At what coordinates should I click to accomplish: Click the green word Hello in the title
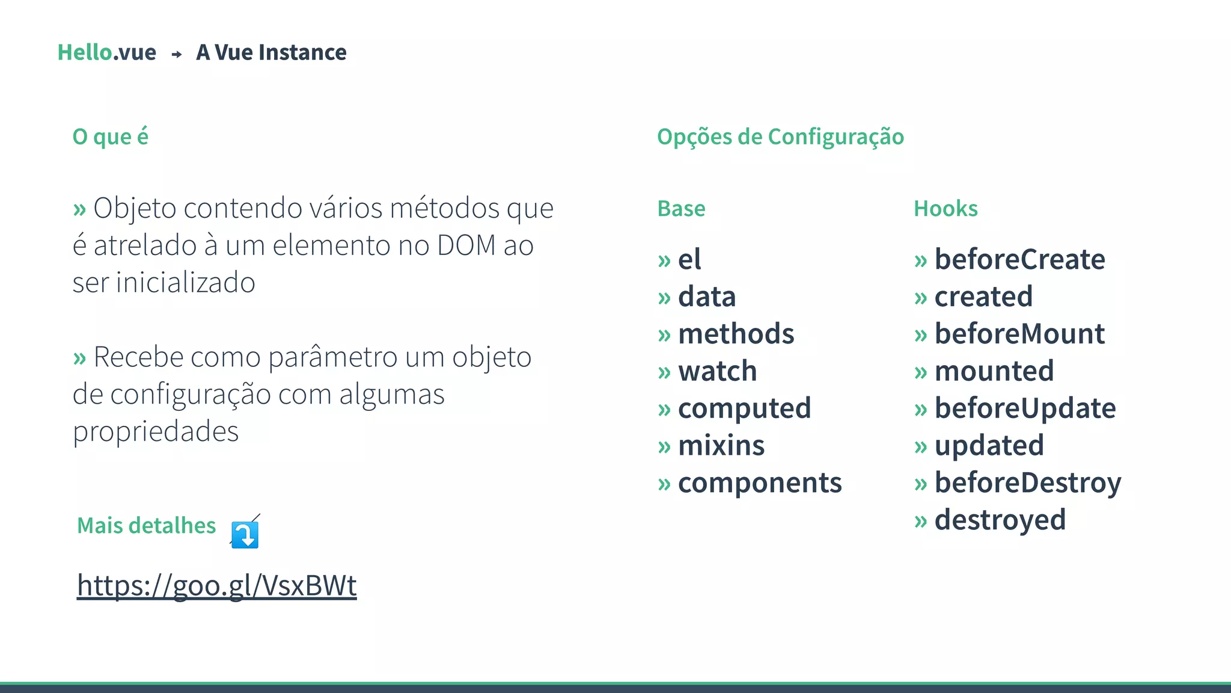click(85, 52)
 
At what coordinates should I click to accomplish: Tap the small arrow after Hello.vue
click(177, 54)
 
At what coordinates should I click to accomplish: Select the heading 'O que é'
click(110, 137)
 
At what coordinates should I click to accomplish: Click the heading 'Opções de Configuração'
click(780, 137)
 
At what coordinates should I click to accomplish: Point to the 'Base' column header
click(681, 209)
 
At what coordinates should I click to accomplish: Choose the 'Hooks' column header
click(945, 209)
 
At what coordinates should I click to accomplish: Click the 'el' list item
click(689, 260)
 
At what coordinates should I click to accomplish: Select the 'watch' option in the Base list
click(717, 371)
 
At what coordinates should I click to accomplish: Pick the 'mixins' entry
click(721, 446)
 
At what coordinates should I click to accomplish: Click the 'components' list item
click(760, 483)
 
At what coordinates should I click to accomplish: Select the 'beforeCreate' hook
click(1019, 260)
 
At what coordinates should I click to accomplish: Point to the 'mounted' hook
click(994, 371)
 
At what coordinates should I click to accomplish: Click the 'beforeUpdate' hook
click(1025, 408)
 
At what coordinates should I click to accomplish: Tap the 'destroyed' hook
click(1000, 520)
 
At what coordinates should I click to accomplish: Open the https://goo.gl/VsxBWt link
click(217, 585)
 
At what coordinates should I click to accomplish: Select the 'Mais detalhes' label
click(146, 526)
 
